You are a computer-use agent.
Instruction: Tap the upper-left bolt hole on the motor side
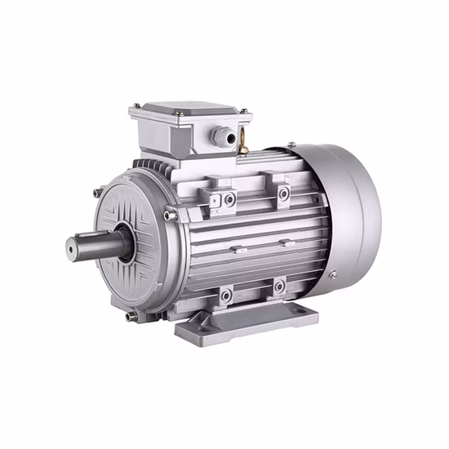[231, 198]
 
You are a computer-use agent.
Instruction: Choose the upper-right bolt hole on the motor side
[283, 193]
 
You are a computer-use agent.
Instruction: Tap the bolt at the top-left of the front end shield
[99, 193]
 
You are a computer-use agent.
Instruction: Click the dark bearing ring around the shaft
[122, 245]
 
